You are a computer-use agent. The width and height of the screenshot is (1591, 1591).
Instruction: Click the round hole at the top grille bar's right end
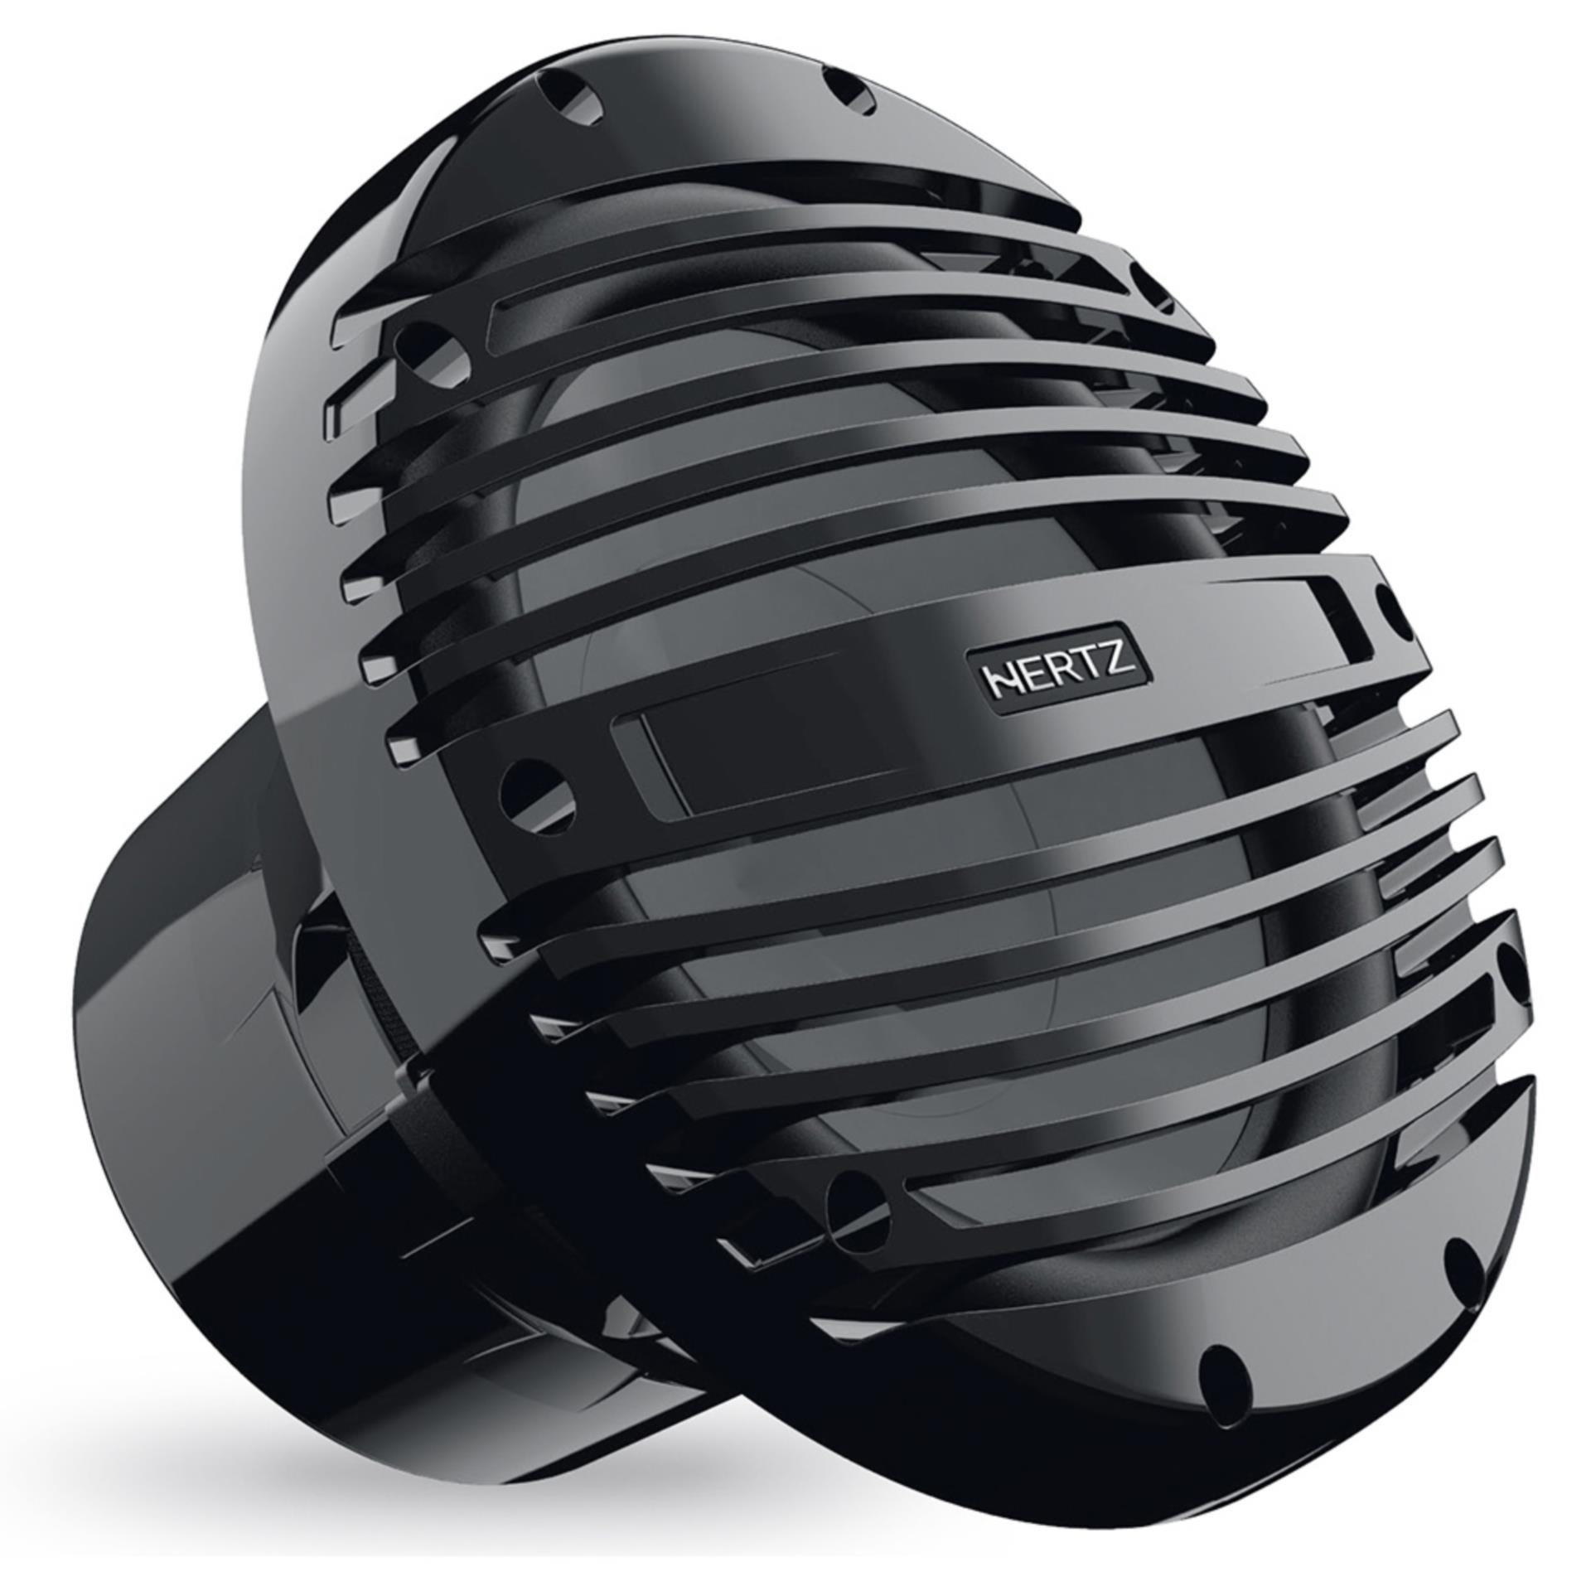(x=1153, y=286)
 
